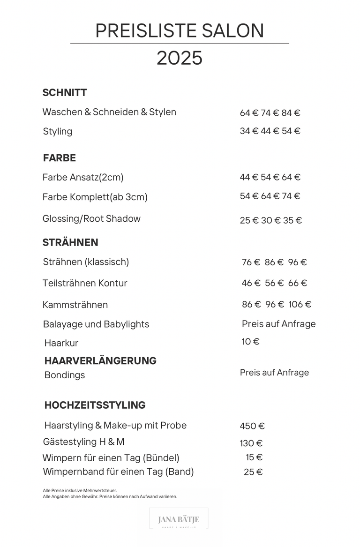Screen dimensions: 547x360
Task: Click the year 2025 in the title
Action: [180, 58]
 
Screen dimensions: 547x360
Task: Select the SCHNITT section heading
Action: [65, 92]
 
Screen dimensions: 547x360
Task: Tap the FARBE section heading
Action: [60, 158]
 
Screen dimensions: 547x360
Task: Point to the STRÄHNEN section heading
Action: [70, 242]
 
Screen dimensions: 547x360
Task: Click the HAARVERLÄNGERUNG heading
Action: [100, 361]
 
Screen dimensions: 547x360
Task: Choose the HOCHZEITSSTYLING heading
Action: [95, 405]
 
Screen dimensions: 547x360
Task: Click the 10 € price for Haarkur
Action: [250, 342]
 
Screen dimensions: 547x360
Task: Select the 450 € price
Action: [252, 426]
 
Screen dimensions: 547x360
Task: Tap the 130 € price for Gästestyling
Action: [251, 443]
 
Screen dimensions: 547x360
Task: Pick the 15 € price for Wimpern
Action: [254, 457]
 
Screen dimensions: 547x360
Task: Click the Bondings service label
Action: [65, 375]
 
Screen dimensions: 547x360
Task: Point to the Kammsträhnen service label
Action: [75, 305]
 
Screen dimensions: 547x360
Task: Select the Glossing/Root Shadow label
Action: [91, 218]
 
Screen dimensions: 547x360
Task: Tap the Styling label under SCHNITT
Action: [58, 131]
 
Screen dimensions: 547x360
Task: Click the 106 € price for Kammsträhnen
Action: [300, 304]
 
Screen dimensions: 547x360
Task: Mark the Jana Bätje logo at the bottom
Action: [179, 520]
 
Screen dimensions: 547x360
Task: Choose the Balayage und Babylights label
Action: [96, 324]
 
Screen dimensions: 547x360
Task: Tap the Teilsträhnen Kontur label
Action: [85, 283]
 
